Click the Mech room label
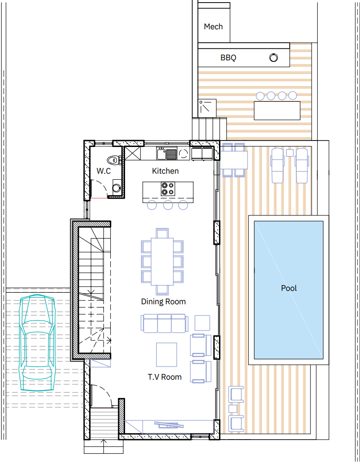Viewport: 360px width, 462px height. click(213, 27)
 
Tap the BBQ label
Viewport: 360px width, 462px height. click(228, 57)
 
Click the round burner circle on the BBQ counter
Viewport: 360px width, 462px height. click(274, 57)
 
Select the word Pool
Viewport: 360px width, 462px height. click(289, 288)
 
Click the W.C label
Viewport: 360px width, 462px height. click(103, 171)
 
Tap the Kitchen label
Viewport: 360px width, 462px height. click(165, 171)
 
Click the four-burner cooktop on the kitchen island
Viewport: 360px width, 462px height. click(168, 189)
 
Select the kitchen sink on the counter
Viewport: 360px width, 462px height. click(166, 154)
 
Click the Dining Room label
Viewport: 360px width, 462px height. click(163, 301)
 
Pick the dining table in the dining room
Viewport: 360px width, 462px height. click(162, 261)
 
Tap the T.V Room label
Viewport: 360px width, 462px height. click(165, 377)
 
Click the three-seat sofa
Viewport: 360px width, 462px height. click(165, 323)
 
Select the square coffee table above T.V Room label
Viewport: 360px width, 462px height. click(166, 354)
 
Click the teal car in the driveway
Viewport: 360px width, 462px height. click(37, 343)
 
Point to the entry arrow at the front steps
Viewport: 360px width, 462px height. click(103, 446)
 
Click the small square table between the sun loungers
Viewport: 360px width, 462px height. click(290, 153)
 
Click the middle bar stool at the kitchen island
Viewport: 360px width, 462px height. click(168, 205)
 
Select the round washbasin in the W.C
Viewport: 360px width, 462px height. click(117, 188)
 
